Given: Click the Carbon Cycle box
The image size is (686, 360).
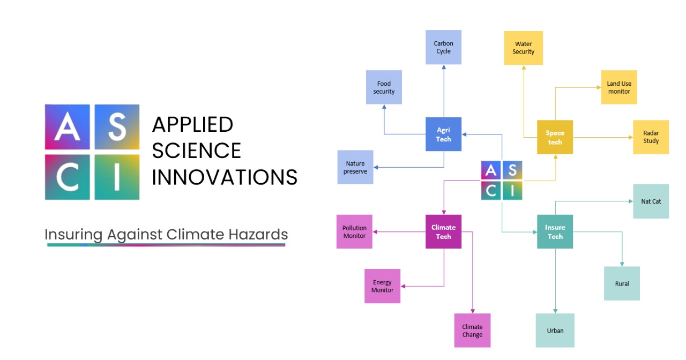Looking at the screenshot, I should tap(443, 47).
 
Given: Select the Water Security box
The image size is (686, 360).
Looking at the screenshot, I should tap(523, 48).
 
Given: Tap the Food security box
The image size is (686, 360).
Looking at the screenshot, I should tap(384, 87).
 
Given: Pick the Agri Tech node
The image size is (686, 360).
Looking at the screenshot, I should tap(443, 134).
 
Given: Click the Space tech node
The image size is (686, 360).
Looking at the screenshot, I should tap(555, 137).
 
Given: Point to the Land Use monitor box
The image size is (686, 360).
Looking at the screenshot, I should tap(618, 87).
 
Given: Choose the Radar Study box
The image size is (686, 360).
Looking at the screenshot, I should tap(651, 137).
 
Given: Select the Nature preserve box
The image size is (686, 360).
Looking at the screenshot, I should tap(355, 167).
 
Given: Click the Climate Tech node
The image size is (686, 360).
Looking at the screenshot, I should tap(443, 231).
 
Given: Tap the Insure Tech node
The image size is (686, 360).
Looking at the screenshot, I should tap(555, 231).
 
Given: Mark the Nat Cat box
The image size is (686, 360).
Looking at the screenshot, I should tap(651, 201).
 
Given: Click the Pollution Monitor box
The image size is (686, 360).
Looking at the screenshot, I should tap(354, 231).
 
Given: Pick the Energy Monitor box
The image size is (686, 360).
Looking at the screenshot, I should tap(382, 286).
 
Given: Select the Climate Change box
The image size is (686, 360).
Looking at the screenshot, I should tap(472, 331).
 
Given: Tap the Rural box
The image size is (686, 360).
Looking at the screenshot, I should tap(622, 283).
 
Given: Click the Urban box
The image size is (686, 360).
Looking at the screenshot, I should tap(555, 331).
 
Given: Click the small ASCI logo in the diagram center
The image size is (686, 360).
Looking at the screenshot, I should tap(502, 181).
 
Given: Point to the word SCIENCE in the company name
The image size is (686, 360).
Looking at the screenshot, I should tap(196, 151).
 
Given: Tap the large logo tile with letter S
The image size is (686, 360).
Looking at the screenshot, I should tap(117, 127).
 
